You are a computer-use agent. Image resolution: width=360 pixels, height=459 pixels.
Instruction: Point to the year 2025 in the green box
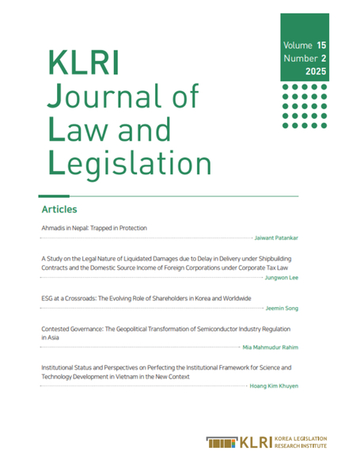(x=314, y=73)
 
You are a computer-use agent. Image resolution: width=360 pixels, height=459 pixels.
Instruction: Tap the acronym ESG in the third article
(x=47, y=298)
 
